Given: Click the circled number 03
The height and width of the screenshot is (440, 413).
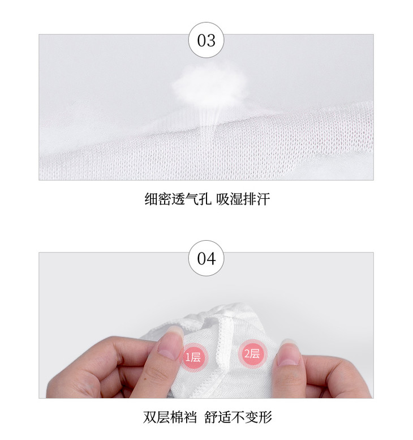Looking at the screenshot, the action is [x=206, y=40].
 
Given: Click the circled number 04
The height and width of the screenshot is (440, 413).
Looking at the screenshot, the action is [x=206, y=258].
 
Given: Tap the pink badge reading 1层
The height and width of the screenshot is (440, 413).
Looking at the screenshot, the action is [x=193, y=357].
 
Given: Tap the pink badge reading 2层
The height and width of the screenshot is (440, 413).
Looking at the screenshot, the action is [x=252, y=353].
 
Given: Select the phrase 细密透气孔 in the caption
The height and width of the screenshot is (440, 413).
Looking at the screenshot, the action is [x=178, y=199].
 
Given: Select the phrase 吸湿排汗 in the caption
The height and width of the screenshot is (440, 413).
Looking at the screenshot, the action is [x=243, y=199].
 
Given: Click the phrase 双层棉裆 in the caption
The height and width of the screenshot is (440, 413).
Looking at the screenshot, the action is [x=170, y=417].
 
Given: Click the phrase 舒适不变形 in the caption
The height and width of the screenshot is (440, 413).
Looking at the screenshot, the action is [x=238, y=417].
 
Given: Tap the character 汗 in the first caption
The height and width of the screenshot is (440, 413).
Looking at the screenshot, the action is [x=264, y=199].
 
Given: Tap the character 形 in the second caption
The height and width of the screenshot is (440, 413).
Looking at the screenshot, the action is [x=265, y=417].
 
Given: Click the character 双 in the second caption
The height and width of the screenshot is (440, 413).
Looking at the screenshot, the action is [x=150, y=417].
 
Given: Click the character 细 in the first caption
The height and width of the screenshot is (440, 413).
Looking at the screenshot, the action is [x=152, y=199].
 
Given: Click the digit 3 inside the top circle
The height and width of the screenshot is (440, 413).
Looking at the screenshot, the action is [x=211, y=40].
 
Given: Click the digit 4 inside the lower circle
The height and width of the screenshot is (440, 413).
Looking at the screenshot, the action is [x=211, y=258].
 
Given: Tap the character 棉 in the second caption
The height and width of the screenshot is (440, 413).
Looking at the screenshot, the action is [x=177, y=417].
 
